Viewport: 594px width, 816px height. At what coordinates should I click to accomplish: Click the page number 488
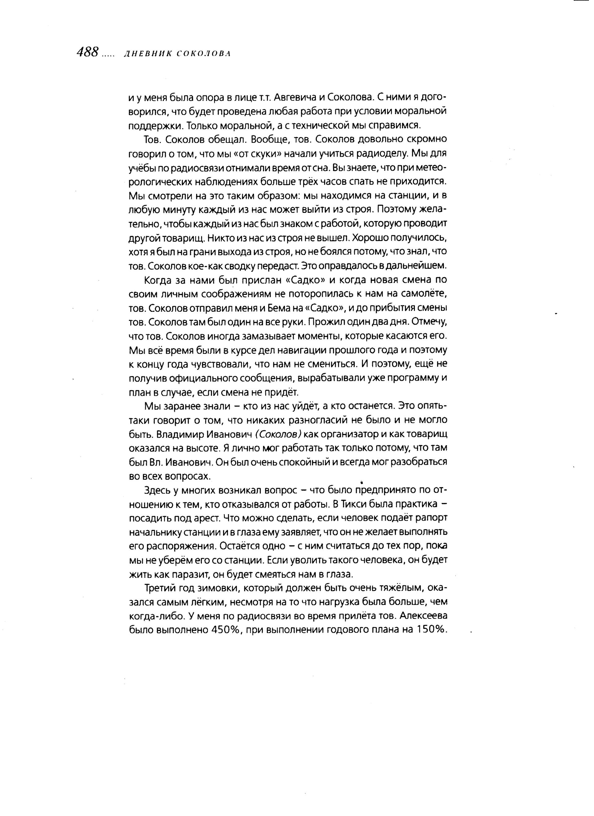tap(88, 53)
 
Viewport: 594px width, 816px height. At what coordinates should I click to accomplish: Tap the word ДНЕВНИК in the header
tap(146, 54)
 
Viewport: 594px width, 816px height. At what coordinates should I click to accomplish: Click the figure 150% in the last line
tap(432, 630)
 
